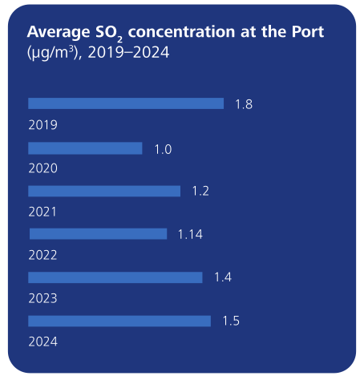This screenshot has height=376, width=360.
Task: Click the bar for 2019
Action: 126,103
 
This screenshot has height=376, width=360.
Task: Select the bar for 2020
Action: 85,148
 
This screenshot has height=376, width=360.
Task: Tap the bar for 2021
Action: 104,191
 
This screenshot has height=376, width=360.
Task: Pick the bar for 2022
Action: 99,234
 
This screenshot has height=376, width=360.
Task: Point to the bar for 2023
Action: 115,277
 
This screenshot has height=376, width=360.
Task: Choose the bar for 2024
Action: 119,321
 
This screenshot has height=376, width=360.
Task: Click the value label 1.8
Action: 244,104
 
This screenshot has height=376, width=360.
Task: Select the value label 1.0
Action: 163,149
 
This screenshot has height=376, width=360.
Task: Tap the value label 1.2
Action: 201,192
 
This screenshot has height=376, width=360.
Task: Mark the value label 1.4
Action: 223,278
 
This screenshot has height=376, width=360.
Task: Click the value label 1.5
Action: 231,321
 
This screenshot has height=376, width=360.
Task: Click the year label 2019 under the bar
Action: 42,125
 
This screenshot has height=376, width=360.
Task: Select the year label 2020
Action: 42,169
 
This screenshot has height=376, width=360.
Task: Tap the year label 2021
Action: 42,212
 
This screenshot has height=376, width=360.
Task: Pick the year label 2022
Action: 42,256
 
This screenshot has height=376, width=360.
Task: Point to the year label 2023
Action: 42,299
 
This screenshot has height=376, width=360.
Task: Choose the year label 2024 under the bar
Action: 42,342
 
